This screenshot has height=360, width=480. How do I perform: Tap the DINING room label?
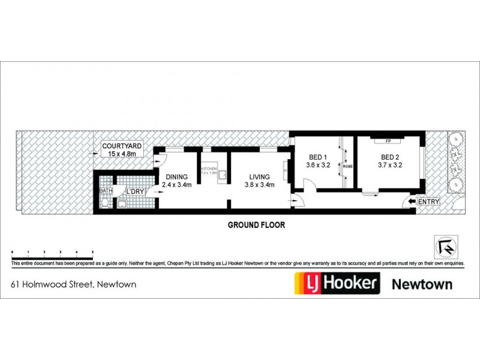point(177,177)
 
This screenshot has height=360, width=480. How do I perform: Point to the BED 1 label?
point(318,158)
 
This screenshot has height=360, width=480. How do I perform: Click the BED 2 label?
point(390,158)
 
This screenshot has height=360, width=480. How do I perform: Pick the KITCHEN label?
point(208,170)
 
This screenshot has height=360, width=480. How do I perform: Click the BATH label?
point(106,191)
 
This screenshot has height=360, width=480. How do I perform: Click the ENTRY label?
point(429,202)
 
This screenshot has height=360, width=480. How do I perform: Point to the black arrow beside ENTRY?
point(412,202)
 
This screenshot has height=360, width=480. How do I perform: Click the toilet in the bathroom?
point(106,203)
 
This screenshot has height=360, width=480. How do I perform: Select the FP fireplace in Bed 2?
point(388,141)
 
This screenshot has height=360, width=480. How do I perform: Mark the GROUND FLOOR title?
point(256,226)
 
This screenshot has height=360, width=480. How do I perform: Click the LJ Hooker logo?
point(336,283)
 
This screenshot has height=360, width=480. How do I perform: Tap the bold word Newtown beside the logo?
point(422,283)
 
